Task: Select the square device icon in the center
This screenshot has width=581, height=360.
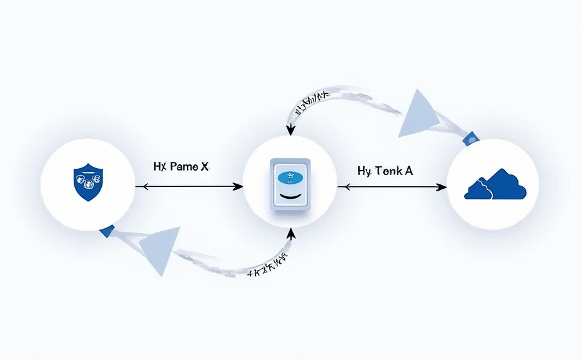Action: click(289, 184)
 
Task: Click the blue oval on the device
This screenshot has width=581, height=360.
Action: click(289, 177)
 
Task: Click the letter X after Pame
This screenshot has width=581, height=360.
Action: click(204, 167)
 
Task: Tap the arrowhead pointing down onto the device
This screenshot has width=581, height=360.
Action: click(289, 130)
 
